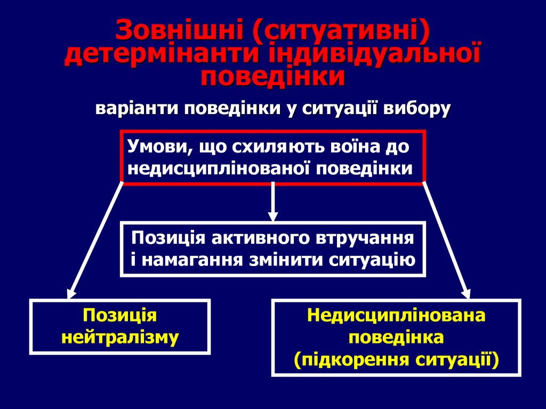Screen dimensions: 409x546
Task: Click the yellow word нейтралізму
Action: [x=120, y=338]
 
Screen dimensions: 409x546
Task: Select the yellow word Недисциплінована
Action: [x=396, y=316]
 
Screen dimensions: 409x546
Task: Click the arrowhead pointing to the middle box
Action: [x=273, y=215]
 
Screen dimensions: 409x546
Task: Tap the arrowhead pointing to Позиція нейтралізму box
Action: [x=70, y=293]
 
